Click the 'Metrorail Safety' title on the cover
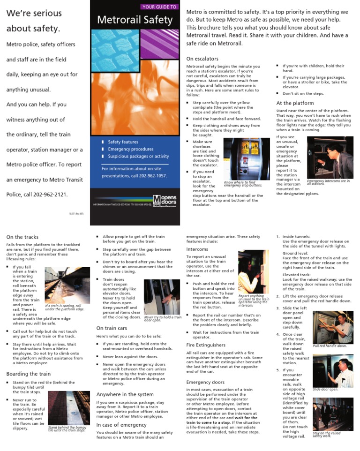[x=135, y=20]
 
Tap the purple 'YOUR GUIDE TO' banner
[x=159, y=7]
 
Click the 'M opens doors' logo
[x=165, y=200]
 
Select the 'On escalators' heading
[x=202, y=59]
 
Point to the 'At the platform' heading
[x=295, y=103]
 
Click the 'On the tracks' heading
[x=22, y=237]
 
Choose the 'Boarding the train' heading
[x=29, y=374]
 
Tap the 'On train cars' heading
[x=112, y=328]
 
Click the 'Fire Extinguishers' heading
[x=207, y=345]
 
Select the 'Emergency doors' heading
[x=205, y=382]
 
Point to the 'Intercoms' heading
[x=197, y=249]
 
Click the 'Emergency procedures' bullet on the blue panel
[x=124, y=149]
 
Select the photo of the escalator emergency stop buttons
[x=247, y=159]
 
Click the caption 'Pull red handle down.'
[x=330, y=346]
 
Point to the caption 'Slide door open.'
[x=325, y=389]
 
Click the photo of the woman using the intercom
[x=253, y=271]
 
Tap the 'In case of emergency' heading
[x=121, y=425]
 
